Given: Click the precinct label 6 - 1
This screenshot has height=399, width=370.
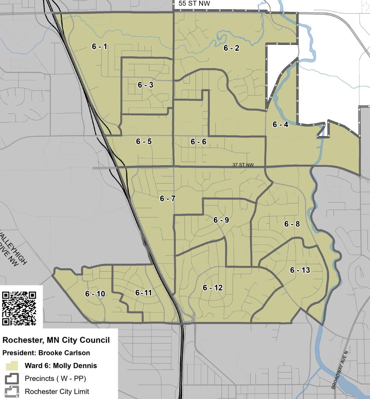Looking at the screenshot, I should (100, 47).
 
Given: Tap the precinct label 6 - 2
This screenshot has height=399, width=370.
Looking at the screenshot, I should (231, 48).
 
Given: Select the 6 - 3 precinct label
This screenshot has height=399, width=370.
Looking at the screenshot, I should (145, 85).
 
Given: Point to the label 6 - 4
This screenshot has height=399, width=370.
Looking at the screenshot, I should (280, 125).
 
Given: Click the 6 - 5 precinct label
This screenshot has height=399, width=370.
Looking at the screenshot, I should (144, 141).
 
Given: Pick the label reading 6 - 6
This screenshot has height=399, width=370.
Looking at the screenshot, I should (198, 141).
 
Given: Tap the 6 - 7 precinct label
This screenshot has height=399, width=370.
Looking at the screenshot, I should (168, 199).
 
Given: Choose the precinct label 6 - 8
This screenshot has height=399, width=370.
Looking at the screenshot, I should (292, 224).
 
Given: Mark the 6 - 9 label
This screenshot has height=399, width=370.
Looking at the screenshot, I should (221, 220).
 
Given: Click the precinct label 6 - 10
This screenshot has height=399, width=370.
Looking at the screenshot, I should (95, 294).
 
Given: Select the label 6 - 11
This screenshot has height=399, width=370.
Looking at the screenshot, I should (143, 292).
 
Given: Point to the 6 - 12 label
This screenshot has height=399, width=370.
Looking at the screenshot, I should (213, 288).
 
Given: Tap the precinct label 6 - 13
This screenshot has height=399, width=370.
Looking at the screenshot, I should (300, 270).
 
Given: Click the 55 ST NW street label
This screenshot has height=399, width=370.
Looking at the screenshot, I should (194, 4).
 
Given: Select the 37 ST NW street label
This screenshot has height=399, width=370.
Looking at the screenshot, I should (244, 165).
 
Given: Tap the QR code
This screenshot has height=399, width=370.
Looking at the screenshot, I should (19, 308).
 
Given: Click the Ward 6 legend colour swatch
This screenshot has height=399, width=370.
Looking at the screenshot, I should (11, 366).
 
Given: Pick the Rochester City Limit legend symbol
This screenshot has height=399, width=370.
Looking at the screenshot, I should (11, 391).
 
